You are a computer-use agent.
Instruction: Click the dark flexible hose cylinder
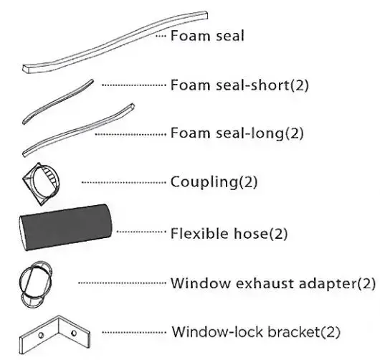(65, 227)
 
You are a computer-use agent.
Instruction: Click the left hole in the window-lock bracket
(41, 335)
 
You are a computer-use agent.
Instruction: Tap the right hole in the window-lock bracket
(74, 333)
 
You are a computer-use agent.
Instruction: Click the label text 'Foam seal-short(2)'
(239, 85)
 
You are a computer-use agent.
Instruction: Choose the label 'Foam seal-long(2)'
(237, 133)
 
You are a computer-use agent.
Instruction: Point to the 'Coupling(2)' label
(214, 182)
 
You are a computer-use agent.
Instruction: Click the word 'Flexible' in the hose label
(199, 233)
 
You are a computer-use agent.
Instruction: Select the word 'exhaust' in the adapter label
(265, 283)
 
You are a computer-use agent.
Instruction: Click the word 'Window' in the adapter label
(201, 283)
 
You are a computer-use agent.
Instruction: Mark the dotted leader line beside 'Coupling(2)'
(123, 182)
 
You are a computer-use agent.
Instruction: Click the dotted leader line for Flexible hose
(141, 232)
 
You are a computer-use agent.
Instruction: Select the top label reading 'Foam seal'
(207, 36)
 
